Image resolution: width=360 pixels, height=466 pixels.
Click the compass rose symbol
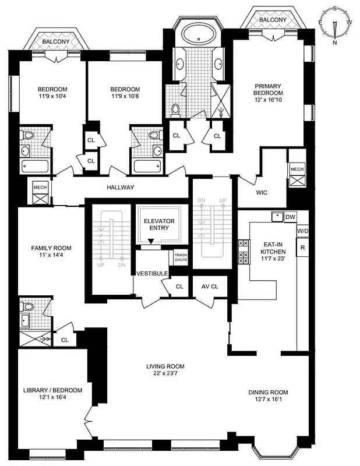coord(335,25)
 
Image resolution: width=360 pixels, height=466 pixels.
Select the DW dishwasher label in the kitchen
coord(291,217)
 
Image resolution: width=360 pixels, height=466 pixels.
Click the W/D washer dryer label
coord(303,231)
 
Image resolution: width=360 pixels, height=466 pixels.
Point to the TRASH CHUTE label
coord(181,257)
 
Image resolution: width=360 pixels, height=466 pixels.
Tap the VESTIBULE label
coord(152,274)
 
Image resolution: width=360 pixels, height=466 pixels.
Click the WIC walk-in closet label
coord(262,192)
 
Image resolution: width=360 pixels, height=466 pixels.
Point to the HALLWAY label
coord(121,188)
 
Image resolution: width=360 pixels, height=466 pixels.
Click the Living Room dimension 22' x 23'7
coord(165,375)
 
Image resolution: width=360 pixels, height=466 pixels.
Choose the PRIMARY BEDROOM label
coord(268,93)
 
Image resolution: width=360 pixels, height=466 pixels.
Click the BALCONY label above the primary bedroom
coord(273,20)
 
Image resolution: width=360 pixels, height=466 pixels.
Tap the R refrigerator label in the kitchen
coord(303,247)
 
